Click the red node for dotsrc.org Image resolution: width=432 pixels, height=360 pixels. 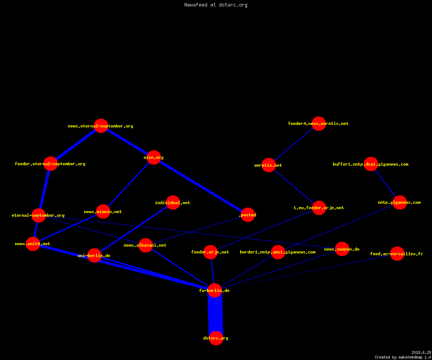(x=216, y=338)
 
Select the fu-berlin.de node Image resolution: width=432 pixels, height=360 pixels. (x=215, y=290)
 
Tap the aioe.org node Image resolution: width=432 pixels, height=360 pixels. (x=154, y=157)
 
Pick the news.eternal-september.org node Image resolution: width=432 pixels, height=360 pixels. (x=101, y=126)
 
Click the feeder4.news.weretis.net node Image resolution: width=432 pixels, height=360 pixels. (x=319, y=123)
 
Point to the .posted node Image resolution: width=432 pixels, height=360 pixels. (x=248, y=215)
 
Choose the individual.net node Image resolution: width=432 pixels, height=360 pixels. (x=173, y=203)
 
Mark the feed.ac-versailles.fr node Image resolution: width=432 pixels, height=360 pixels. (x=397, y=254)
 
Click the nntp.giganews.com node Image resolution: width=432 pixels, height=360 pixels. (x=400, y=203)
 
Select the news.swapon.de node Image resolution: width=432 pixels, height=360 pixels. (x=342, y=249)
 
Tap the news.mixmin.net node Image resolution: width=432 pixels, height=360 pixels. (x=103, y=211)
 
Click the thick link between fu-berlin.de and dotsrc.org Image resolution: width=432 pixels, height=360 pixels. (x=215, y=314)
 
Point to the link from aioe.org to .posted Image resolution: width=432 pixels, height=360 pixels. (x=201, y=186)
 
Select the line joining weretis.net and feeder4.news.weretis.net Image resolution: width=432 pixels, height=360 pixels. (x=294, y=144)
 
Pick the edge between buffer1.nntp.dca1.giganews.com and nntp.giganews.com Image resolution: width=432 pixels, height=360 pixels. (x=385, y=183)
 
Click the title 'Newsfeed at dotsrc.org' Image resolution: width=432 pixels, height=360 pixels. (x=216, y=5)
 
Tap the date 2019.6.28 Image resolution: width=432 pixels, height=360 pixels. (x=421, y=352)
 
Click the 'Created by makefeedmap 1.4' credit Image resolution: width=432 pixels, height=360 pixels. (x=403, y=357)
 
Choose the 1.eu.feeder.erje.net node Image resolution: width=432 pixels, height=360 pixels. (x=319, y=208)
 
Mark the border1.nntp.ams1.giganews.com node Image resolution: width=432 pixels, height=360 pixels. (x=278, y=252)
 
